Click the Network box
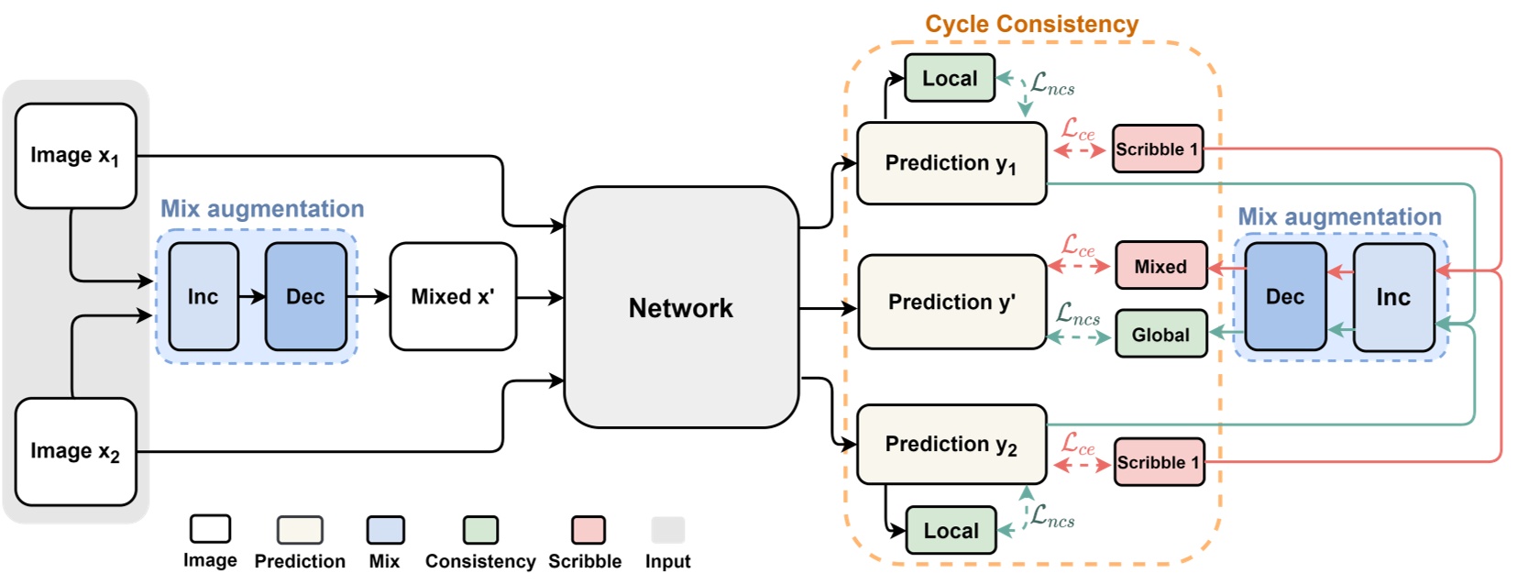click(681, 307)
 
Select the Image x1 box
click(75, 155)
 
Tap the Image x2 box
click(75, 451)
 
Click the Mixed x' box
click(453, 296)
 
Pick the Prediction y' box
click(951, 302)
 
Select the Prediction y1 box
click(951, 163)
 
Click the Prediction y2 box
click(951, 445)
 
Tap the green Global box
click(1160, 335)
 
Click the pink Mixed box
click(1160, 266)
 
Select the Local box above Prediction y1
click(950, 78)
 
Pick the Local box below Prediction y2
click(951, 531)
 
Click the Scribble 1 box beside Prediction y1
click(1157, 149)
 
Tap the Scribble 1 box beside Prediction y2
click(1159, 462)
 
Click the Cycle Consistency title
click(1031, 24)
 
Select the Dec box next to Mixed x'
click(305, 296)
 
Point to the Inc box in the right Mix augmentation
click(1392, 296)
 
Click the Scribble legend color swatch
click(588, 530)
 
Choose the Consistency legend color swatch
click(480, 530)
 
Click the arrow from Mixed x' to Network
click(540, 297)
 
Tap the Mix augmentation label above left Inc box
click(262, 209)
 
